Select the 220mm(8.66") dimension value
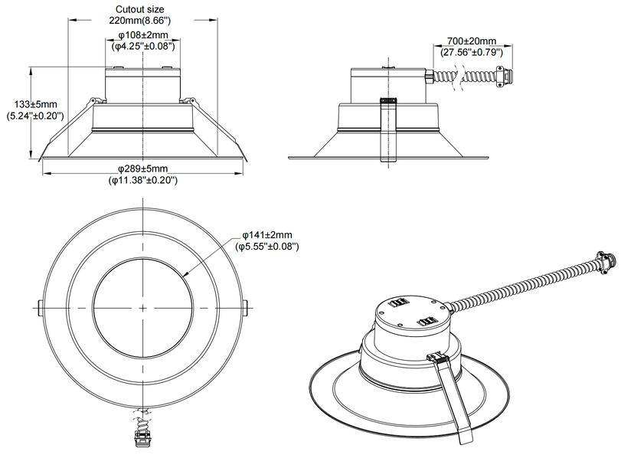pyautogui.click(x=143, y=21)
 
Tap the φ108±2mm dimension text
pyautogui.click(x=143, y=35)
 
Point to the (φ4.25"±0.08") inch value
pyautogui.click(x=143, y=47)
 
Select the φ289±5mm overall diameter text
pyautogui.click(x=143, y=168)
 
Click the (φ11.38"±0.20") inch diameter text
pyautogui.click(x=143, y=180)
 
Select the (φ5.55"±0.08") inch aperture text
pyautogui.click(x=267, y=247)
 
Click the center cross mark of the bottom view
pyautogui.click(x=143, y=306)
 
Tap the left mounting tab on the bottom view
pyautogui.click(x=39, y=306)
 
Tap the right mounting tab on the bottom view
pyautogui.click(x=247, y=306)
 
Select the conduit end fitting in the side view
pyautogui.click(x=505, y=77)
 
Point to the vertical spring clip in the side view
pyautogui.click(x=387, y=130)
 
